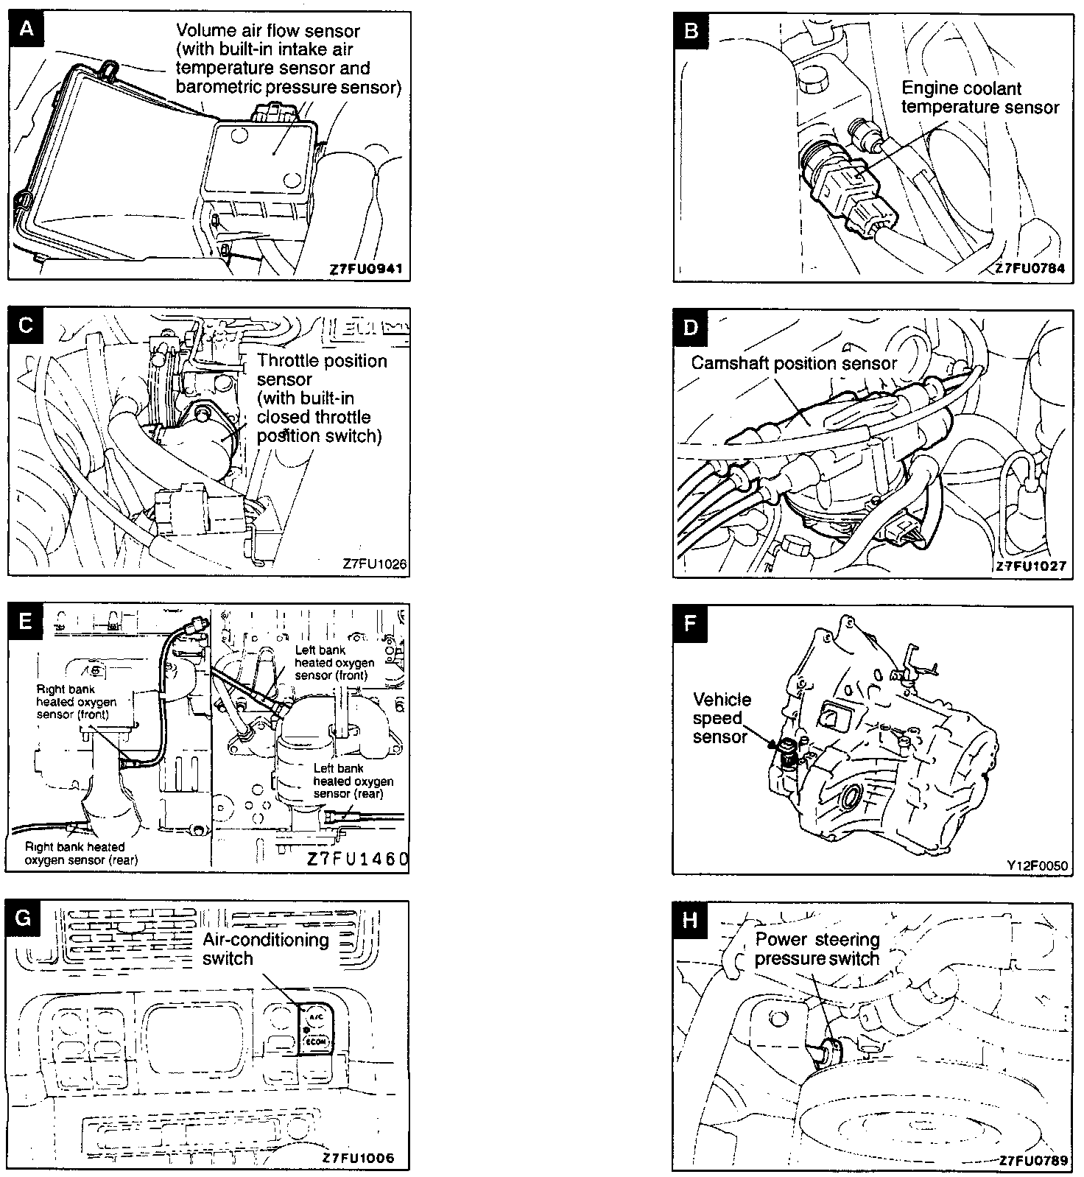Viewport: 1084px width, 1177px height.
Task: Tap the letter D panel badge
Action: point(691,327)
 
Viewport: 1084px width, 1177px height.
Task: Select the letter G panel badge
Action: point(25,918)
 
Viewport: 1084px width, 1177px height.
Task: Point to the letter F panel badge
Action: point(690,623)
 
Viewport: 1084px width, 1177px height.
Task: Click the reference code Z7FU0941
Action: point(366,269)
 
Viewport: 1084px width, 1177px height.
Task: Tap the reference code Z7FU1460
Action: point(357,860)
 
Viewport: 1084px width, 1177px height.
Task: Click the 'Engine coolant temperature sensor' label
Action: point(979,98)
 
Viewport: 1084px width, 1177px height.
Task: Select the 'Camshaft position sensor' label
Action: point(794,363)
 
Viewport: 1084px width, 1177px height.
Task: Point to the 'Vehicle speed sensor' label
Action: point(722,718)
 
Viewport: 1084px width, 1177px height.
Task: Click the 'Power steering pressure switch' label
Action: point(817,949)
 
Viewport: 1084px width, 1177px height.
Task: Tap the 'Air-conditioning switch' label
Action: point(265,949)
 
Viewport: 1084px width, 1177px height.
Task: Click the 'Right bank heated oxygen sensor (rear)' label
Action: point(81,854)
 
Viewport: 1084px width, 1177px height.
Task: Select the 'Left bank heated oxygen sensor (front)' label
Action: point(334,663)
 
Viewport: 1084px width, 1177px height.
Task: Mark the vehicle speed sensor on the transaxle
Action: point(789,752)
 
